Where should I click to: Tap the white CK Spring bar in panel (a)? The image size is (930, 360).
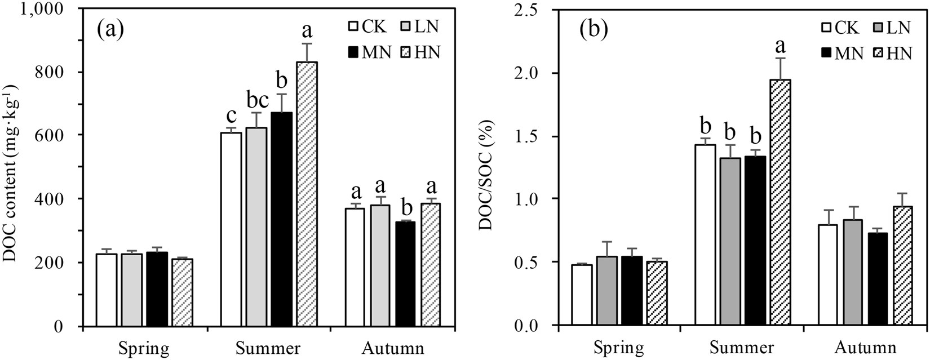(107, 290)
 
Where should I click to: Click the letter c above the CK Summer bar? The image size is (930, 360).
(231, 114)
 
